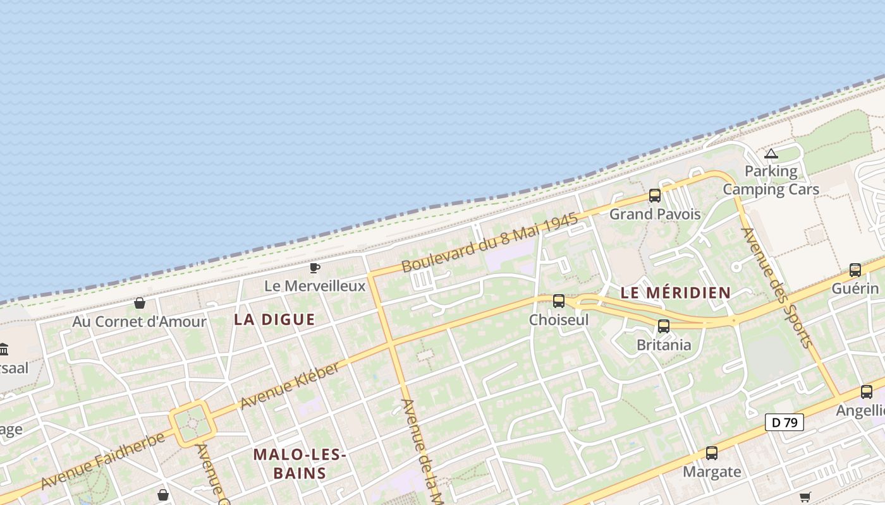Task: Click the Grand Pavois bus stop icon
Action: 655,196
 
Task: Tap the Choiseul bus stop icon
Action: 559,301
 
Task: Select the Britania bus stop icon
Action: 664,326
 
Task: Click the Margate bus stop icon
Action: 712,453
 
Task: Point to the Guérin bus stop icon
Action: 855,270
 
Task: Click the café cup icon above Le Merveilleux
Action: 314,268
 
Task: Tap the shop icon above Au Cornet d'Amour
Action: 140,304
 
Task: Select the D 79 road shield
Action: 784,422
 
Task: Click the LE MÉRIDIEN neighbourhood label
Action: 675,293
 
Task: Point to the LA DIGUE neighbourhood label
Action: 274,319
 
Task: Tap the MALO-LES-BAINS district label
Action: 299,463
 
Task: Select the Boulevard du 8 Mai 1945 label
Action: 490,243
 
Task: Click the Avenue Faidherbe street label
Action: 103,461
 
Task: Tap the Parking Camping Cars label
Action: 771,180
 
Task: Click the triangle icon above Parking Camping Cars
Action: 771,153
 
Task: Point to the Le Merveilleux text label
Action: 315,286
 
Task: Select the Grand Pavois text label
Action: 655,214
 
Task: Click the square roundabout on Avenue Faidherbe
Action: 192,424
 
